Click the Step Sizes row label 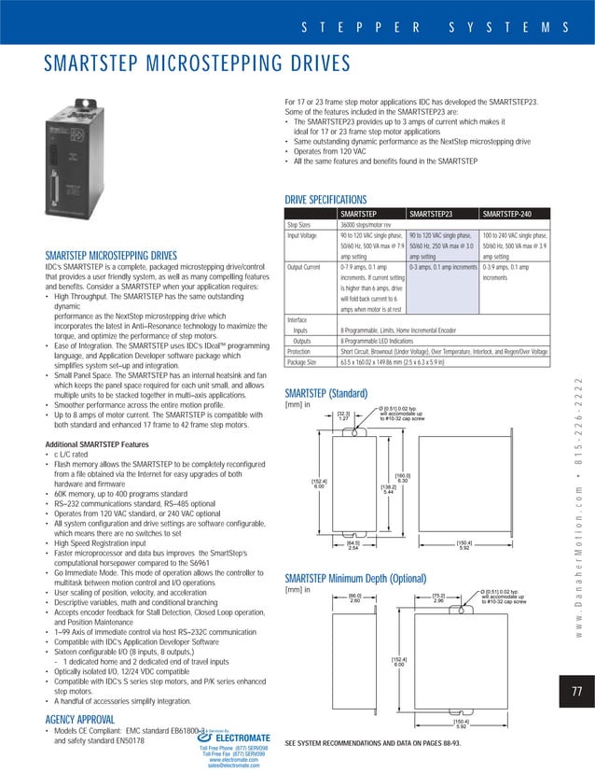(298, 225)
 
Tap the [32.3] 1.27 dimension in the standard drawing (343, 416)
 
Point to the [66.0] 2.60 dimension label (354, 598)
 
